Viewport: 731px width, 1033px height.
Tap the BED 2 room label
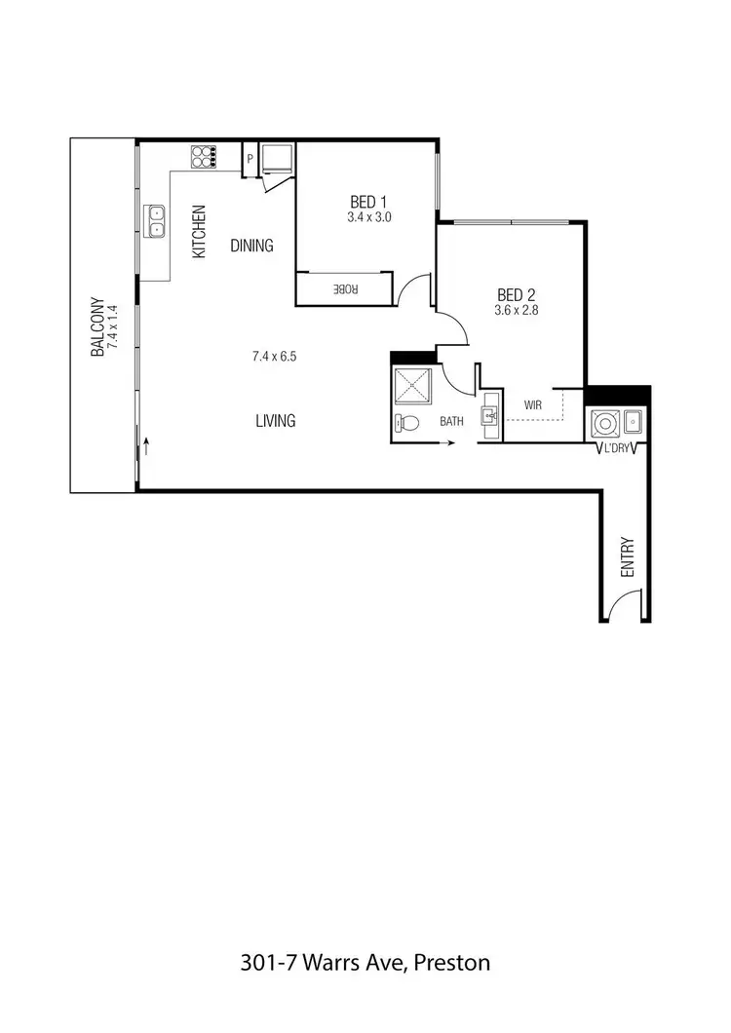pos(517,294)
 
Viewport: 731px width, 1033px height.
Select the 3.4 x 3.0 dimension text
pos(369,218)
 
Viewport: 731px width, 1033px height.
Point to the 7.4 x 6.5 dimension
pos(274,357)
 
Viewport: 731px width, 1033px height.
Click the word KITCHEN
pos(199,231)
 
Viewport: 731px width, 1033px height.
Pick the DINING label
pos(251,246)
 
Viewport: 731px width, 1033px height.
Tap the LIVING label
pos(276,421)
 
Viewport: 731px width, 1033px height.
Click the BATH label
pos(452,422)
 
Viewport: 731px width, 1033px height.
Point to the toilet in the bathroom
pos(406,424)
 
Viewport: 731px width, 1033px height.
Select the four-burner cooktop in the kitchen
pos(203,156)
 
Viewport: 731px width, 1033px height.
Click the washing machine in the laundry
pos(604,423)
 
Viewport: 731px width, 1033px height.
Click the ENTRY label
pos(628,556)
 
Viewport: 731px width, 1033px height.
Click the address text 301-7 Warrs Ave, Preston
pos(365,964)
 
